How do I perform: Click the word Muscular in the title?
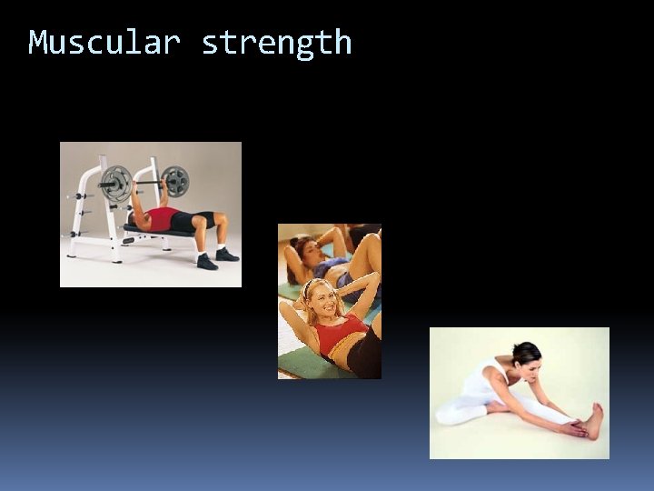tap(104, 42)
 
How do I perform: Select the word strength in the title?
tap(276, 43)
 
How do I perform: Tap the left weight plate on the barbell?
tap(115, 183)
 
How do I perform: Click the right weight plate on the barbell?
tap(174, 181)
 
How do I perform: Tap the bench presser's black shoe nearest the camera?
tap(207, 262)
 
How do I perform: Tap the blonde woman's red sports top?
tap(341, 333)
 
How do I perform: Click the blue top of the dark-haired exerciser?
tap(332, 266)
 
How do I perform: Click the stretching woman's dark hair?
tap(526, 352)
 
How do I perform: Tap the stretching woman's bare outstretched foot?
tap(595, 421)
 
